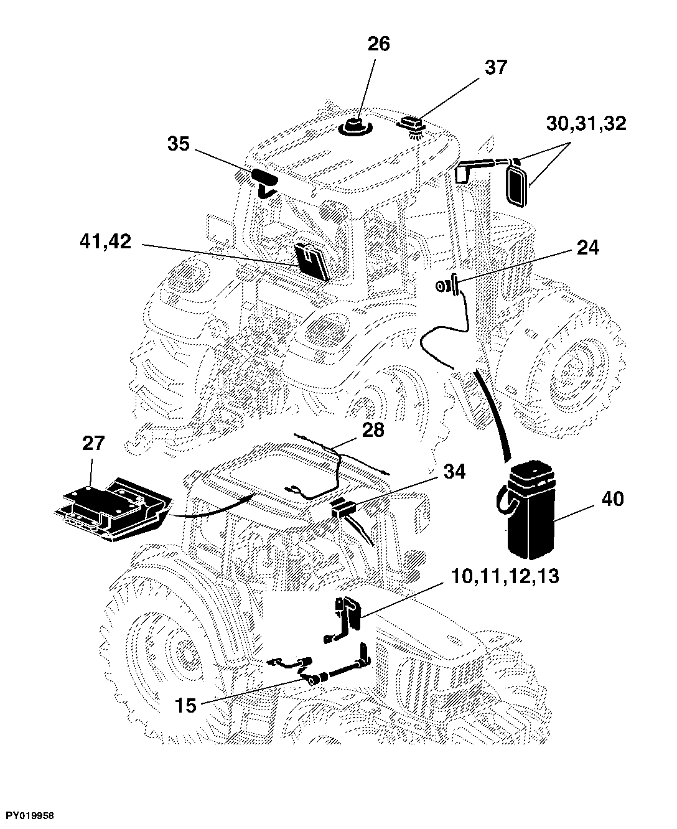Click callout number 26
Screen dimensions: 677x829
pyautogui.click(x=378, y=44)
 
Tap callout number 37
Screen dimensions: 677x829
pyautogui.click(x=496, y=67)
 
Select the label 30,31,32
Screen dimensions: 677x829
pyautogui.click(x=586, y=124)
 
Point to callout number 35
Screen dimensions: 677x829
pyautogui.click(x=179, y=144)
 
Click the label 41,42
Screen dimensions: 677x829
pyautogui.click(x=105, y=241)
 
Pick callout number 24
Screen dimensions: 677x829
pyautogui.click(x=588, y=248)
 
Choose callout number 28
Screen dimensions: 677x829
pyautogui.click(x=373, y=430)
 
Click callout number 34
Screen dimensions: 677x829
pyautogui.click(x=454, y=471)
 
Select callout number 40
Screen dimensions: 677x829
pyautogui.click(x=612, y=499)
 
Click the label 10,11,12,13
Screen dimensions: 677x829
pyautogui.click(x=505, y=577)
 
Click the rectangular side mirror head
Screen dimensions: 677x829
pyautogui.click(x=518, y=186)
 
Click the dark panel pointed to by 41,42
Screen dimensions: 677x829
pyautogui.click(x=313, y=261)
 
